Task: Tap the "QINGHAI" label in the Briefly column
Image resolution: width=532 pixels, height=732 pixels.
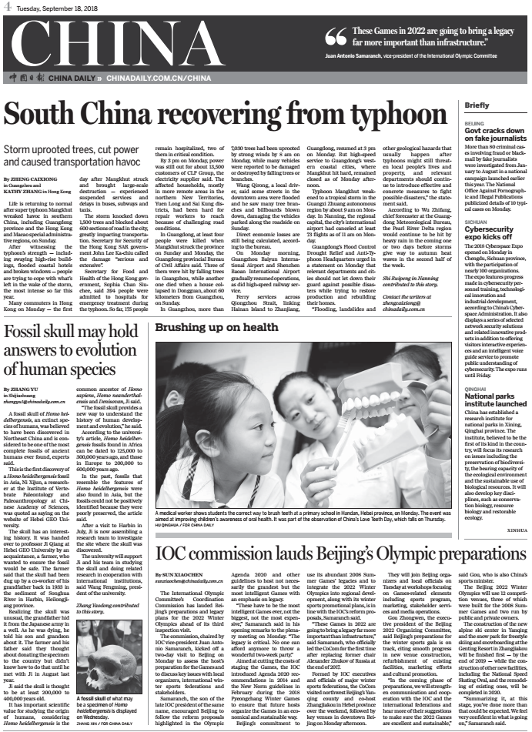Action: (x=476, y=390)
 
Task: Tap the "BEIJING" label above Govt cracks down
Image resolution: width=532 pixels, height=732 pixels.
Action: (x=474, y=122)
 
